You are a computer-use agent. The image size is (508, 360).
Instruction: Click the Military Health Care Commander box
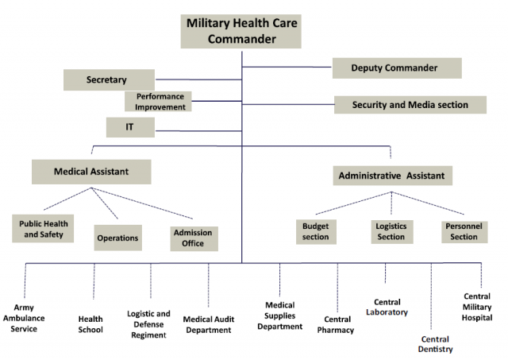point(241,31)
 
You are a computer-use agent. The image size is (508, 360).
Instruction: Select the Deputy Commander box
point(397,68)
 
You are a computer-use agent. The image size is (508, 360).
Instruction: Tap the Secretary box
point(109,79)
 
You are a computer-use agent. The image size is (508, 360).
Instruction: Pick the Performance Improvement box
point(158,102)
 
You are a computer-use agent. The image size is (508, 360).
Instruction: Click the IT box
point(130,127)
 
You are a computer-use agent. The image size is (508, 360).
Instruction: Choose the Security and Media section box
point(410,105)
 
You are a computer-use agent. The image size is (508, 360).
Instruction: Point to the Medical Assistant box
point(91,172)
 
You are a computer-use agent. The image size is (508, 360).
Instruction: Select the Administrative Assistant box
point(393,176)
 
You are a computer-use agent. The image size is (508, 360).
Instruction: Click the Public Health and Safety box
point(43,229)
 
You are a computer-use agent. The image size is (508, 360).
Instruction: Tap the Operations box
point(118,238)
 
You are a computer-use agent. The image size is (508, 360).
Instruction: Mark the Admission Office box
point(194,238)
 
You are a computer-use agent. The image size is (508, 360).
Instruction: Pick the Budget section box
point(316,232)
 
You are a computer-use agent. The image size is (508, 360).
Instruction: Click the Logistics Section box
point(392,232)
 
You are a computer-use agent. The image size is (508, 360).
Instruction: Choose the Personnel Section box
point(464,232)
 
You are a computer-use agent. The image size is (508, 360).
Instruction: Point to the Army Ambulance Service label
point(24,318)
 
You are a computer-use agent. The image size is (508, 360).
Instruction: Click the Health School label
point(90,324)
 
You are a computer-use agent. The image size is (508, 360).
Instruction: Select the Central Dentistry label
point(436,344)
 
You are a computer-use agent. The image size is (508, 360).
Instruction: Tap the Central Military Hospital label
point(477,307)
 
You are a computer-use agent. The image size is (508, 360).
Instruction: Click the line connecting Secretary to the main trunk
point(198,79)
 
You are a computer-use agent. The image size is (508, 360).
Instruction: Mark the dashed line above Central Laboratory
point(385,273)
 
